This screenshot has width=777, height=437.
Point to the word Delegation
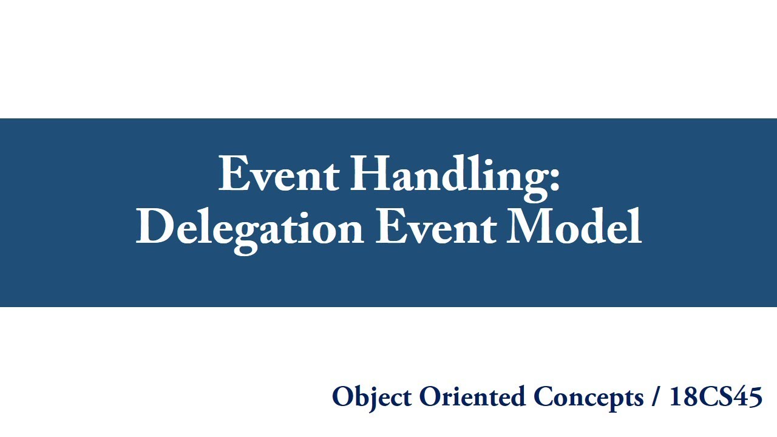tap(249, 228)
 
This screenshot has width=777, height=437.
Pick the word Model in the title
tap(574, 228)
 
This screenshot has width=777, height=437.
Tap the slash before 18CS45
tap(656, 398)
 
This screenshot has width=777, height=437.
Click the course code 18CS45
tap(715, 397)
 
